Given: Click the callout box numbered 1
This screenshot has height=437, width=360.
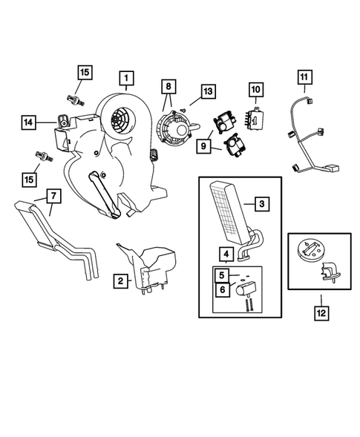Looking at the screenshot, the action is [127, 79].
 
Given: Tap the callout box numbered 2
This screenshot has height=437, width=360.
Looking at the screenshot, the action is [120, 281].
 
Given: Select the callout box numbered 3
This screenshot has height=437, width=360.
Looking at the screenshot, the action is [262, 204].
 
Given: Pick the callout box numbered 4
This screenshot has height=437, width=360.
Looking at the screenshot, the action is [226, 254].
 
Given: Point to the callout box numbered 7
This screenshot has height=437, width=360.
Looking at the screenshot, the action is [53, 196].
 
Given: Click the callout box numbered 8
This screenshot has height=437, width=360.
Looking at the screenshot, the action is [168, 86].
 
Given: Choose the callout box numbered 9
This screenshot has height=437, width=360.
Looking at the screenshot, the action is [203, 146].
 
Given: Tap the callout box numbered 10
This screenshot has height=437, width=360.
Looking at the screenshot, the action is [255, 90].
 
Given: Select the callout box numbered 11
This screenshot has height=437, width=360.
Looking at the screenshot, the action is [304, 77].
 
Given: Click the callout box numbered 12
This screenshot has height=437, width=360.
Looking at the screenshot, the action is [321, 313].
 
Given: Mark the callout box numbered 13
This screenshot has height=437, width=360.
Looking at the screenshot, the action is [208, 91].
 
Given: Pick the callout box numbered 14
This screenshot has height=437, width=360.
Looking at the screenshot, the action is [28, 122].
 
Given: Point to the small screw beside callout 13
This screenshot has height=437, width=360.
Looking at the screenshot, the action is [184, 110].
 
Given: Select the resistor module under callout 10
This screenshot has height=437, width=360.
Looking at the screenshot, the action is [252, 118].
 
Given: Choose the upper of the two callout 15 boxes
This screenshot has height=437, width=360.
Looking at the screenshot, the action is [85, 73].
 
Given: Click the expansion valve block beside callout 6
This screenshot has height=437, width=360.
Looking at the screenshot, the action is [246, 289].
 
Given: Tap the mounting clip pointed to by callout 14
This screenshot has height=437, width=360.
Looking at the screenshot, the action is [63, 122].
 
